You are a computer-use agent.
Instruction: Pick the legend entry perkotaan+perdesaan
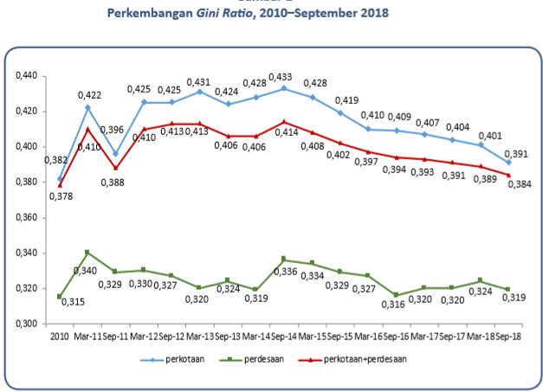355,357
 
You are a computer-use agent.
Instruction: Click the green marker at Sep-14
284,260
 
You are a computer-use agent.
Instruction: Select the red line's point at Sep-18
509,175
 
